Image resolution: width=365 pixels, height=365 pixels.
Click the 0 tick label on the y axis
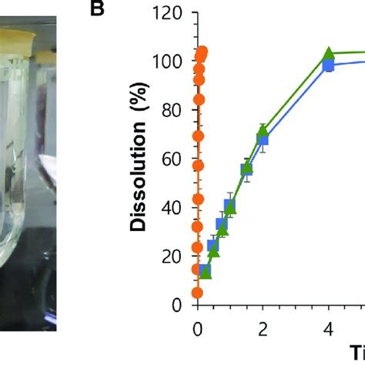point(178,305)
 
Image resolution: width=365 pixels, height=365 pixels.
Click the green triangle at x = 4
point(329,54)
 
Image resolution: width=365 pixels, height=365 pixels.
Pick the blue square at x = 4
point(329,66)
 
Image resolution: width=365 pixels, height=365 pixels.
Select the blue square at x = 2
point(263,140)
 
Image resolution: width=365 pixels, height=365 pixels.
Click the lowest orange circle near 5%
point(197,293)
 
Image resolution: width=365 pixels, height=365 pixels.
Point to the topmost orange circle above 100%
point(203,52)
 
